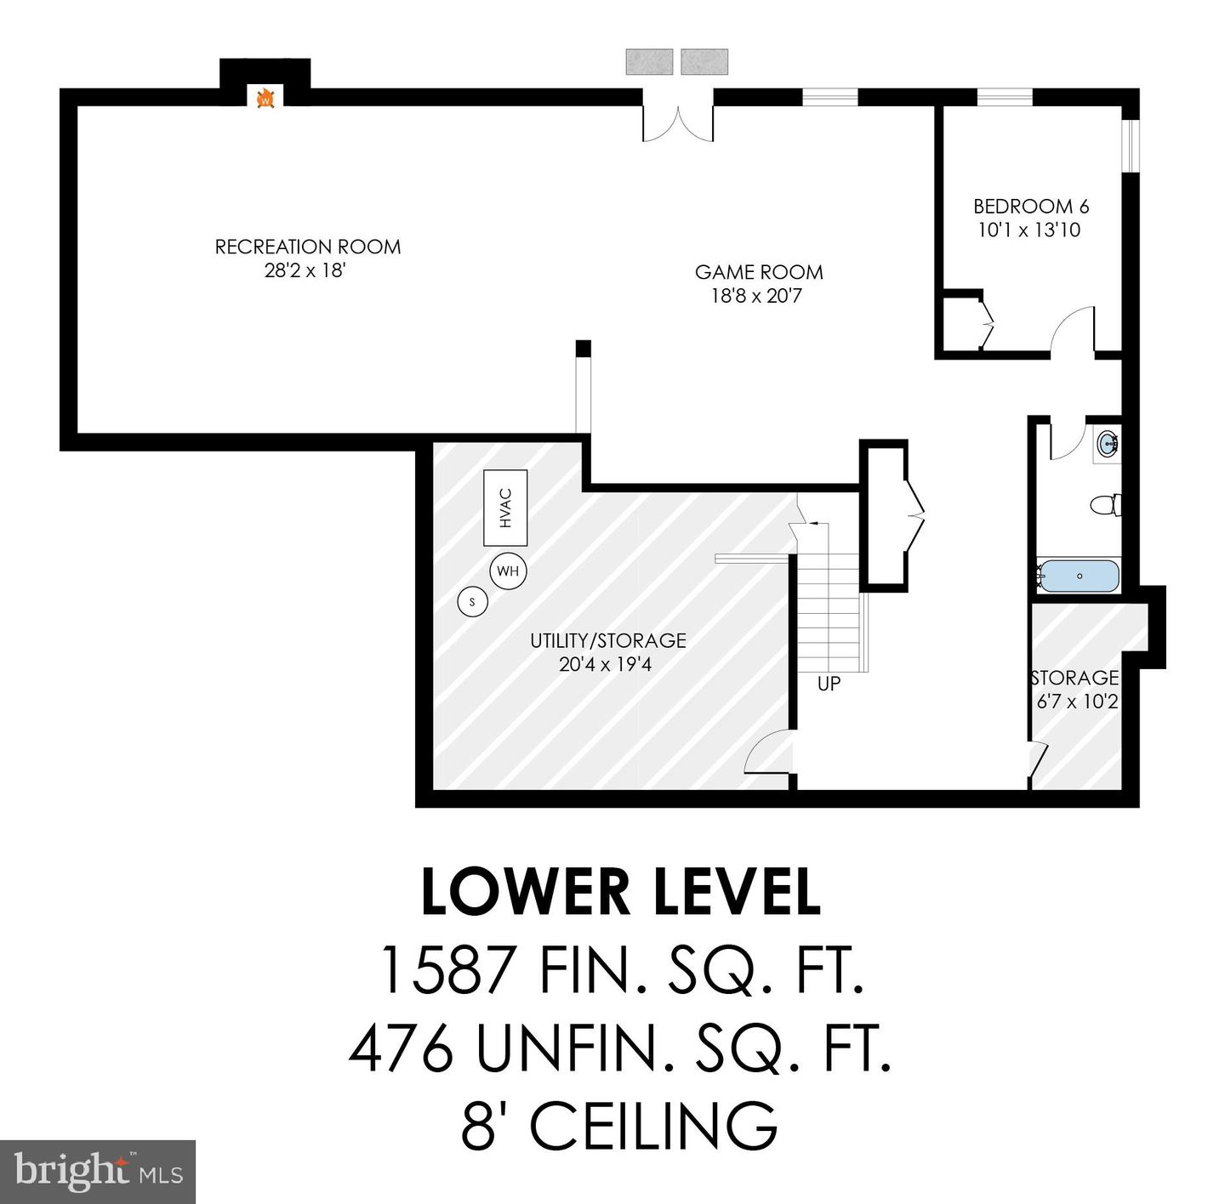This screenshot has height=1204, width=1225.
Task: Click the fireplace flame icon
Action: [265, 99]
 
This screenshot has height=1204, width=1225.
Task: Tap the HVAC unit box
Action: [505, 508]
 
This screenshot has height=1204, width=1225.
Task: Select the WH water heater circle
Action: [508, 571]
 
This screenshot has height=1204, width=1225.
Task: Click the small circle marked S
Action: [472, 602]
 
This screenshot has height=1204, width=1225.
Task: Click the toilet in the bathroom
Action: [1105, 505]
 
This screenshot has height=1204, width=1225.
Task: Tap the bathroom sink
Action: [1107, 444]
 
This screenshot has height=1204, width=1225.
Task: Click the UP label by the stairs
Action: [829, 684]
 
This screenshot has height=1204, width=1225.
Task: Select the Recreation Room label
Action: [307, 247]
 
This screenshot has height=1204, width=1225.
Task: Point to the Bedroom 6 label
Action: [1030, 206]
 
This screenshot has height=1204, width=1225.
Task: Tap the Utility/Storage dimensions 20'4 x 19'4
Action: [605, 664]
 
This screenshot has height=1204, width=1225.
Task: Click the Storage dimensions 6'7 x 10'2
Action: [1076, 701]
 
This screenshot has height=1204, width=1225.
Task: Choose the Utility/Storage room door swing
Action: [767, 753]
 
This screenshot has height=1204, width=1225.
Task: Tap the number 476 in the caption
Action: [401, 1048]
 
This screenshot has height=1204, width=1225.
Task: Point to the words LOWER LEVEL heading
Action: [621, 892]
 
